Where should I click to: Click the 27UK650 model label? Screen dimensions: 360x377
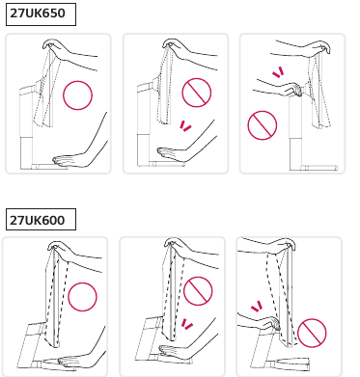[x=38, y=13]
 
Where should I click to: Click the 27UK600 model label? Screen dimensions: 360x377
[x=38, y=220]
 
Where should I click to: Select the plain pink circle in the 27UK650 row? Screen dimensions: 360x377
[x=77, y=95]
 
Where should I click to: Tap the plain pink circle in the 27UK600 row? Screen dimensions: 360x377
[x=82, y=297]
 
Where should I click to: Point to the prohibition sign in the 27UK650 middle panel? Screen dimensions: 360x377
[x=197, y=93]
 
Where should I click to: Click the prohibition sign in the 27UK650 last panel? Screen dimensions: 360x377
[x=263, y=125]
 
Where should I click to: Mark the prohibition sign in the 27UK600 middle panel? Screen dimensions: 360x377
[x=198, y=291]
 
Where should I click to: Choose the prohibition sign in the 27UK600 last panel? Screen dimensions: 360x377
[x=312, y=333]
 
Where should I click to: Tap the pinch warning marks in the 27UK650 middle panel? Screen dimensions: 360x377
[x=185, y=126]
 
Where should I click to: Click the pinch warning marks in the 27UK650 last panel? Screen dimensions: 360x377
[x=278, y=72]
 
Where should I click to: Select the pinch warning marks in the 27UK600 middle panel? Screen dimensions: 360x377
[x=186, y=324]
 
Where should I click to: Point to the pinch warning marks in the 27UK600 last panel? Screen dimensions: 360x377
[x=257, y=306]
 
